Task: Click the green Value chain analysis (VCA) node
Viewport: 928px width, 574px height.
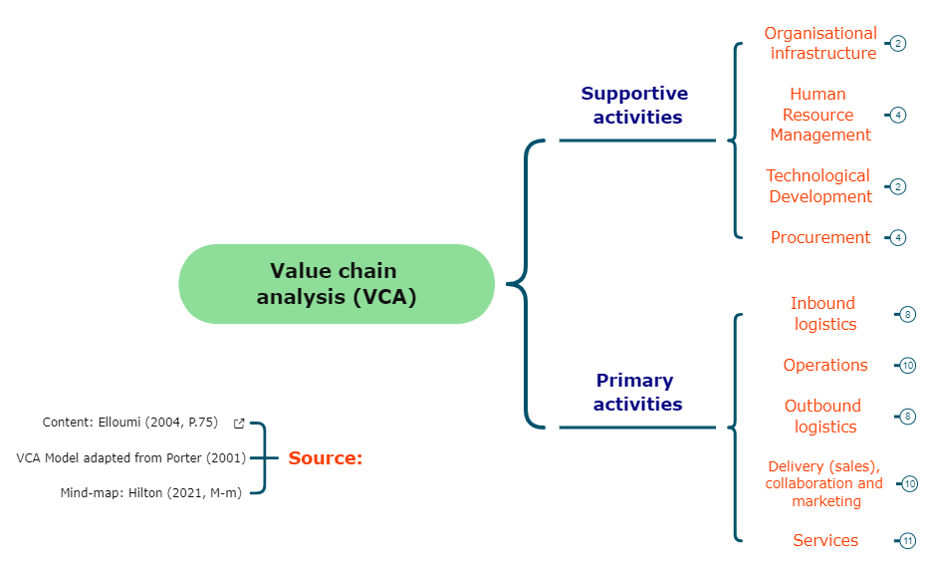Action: pyautogui.click(x=337, y=284)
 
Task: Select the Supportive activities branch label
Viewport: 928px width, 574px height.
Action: pyautogui.click(x=635, y=105)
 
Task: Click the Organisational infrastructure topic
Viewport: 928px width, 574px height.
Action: pyautogui.click(x=821, y=43)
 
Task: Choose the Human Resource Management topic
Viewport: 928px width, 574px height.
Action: pyautogui.click(x=818, y=115)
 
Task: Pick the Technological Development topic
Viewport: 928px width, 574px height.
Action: pyautogui.click(x=819, y=186)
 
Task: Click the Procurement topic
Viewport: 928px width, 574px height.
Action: pyautogui.click(x=820, y=237)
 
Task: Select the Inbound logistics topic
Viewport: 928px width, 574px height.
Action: pyautogui.click(x=823, y=314)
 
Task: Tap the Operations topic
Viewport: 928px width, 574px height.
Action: pyautogui.click(x=825, y=365)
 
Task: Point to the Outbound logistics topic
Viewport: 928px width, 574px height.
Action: pyautogui.click(x=823, y=417)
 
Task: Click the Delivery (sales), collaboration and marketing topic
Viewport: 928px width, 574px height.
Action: pyautogui.click(x=824, y=483)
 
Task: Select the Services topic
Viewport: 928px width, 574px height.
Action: pyautogui.click(x=825, y=540)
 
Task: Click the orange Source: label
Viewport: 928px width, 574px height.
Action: pyautogui.click(x=326, y=458)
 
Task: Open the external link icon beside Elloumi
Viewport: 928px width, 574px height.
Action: pyautogui.click(x=239, y=424)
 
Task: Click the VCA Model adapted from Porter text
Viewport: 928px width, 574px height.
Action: pyautogui.click(x=131, y=457)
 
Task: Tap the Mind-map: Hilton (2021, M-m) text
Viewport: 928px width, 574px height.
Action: pyautogui.click(x=150, y=491)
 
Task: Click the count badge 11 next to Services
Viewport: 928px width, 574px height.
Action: pyautogui.click(x=907, y=541)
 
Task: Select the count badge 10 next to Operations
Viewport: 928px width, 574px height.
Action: pyautogui.click(x=907, y=366)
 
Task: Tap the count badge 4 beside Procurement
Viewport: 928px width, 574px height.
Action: pyautogui.click(x=898, y=237)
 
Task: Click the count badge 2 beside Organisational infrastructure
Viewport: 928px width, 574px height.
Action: pyautogui.click(x=898, y=44)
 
